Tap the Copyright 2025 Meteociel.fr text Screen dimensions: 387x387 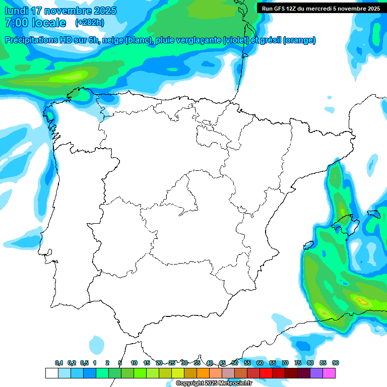point(214,383)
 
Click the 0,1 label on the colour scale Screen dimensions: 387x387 point(59,363)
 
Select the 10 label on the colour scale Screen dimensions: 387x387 point(134,363)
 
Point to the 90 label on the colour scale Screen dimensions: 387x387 point(336,363)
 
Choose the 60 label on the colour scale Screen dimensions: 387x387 point(260,363)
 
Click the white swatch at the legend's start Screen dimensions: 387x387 point(51,373)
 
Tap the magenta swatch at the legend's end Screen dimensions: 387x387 point(329,373)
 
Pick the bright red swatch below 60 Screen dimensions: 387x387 point(266,373)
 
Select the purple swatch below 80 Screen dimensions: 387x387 point(316,373)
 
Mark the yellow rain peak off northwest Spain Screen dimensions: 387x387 point(71,77)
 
